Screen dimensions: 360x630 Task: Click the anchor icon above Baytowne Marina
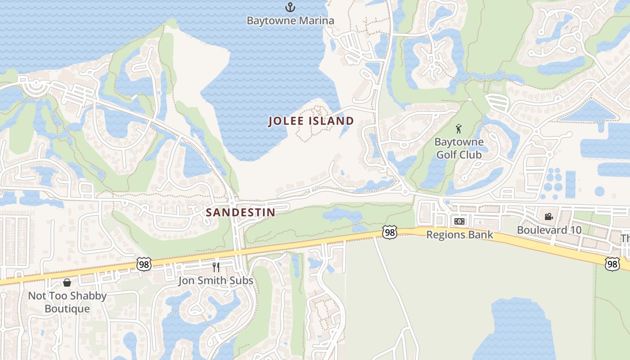tap(290, 7)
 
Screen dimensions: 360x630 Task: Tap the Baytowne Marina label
tap(290, 21)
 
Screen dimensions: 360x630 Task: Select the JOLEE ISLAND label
tap(311, 121)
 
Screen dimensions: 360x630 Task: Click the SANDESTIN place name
tap(240, 212)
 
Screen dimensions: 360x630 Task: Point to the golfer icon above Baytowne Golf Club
tap(459, 129)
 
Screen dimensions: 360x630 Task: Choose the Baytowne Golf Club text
tap(459, 148)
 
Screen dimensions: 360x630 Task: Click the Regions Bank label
tap(459, 235)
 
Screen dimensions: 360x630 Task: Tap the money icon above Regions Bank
tap(459, 221)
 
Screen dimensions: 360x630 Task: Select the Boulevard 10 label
tap(549, 230)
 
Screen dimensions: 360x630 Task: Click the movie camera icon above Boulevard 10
tap(549, 217)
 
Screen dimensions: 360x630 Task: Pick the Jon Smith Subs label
tap(216, 281)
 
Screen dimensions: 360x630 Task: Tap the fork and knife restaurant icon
tap(216, 267)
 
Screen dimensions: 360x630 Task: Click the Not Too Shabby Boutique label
tap(67, 302)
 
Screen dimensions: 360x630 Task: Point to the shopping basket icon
tap(67, 283)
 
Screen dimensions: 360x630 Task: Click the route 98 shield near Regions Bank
tap(390, 232)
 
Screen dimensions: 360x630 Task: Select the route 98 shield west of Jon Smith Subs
tap(144, 264)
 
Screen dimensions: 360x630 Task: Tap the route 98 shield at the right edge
tap(612, 264)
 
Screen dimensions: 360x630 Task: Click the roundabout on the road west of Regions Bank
tap(405, 193)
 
